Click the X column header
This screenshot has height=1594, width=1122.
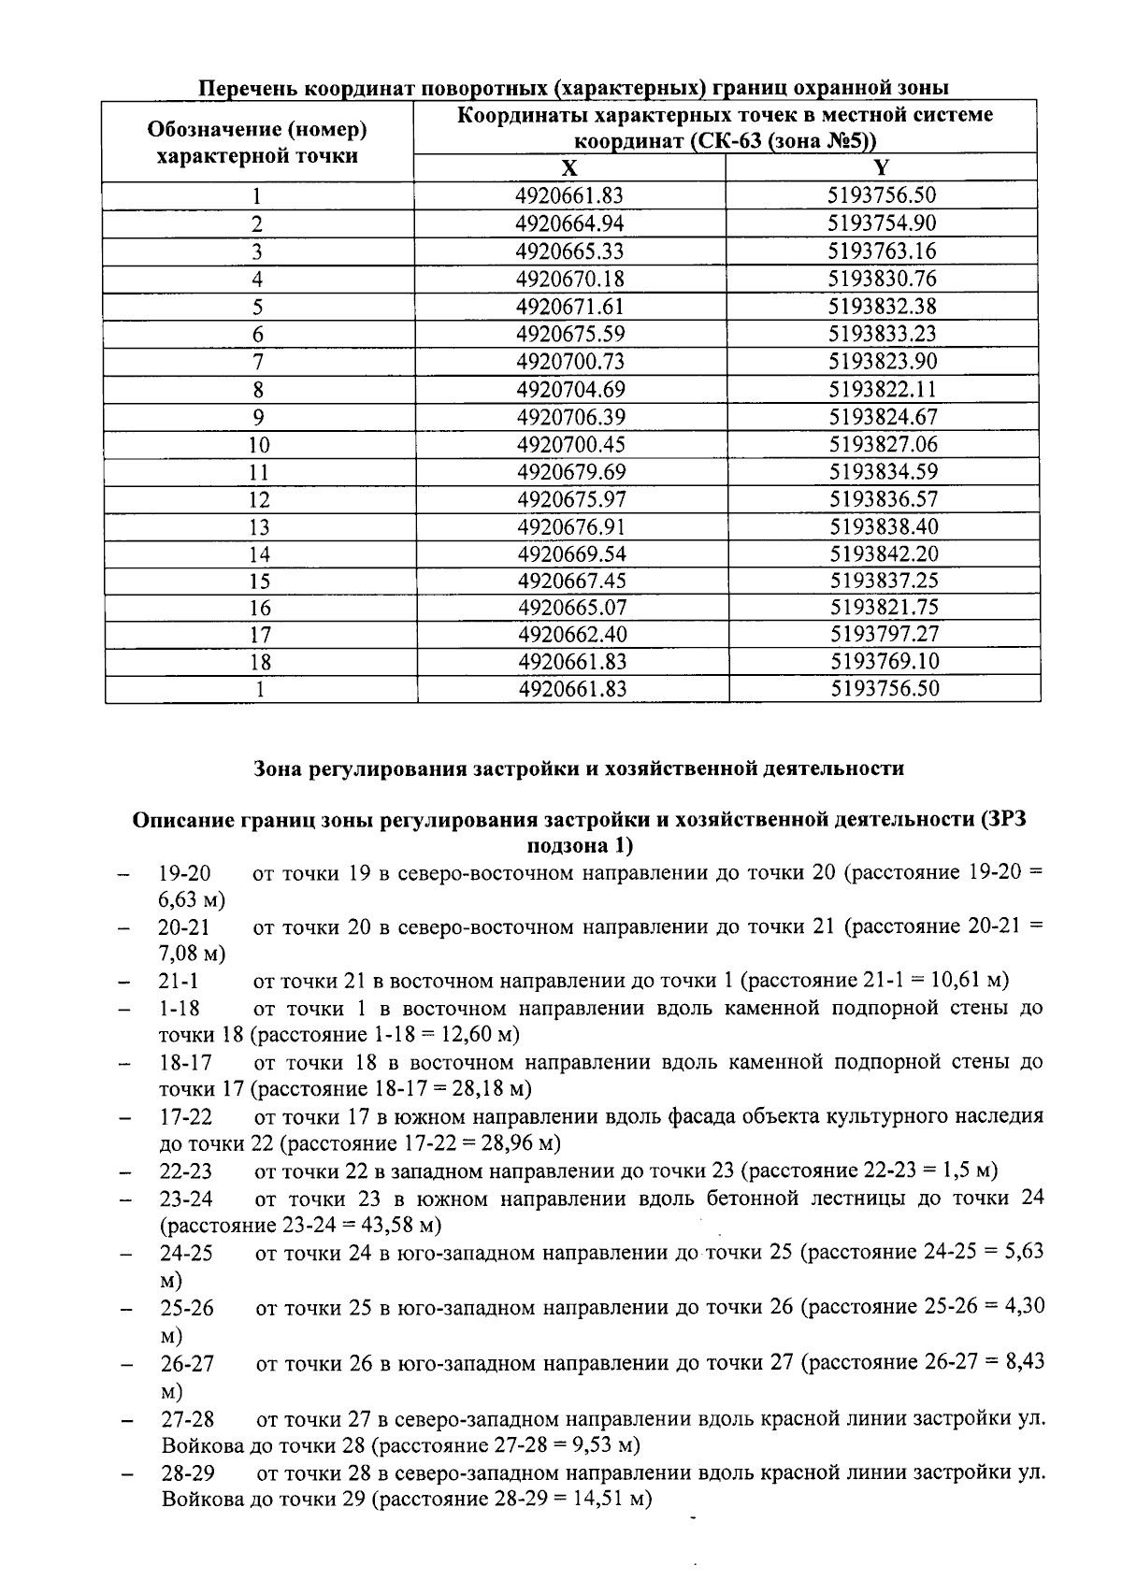(569, 168)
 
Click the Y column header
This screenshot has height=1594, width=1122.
(881, 168)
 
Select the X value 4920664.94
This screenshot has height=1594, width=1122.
(569, 223)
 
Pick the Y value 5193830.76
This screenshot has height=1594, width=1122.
(882, 279)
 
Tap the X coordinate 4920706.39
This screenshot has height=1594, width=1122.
(569, 417)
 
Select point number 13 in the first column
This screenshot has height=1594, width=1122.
(259, 528)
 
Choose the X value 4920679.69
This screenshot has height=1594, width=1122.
(570, 472)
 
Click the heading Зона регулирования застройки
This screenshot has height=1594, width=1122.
(579, 768)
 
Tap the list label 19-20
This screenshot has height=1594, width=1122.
(184, 873)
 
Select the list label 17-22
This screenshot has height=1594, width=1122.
(185, 1117)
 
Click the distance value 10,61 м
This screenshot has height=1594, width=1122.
(969, 981)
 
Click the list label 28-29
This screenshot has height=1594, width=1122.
(187, 1473)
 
